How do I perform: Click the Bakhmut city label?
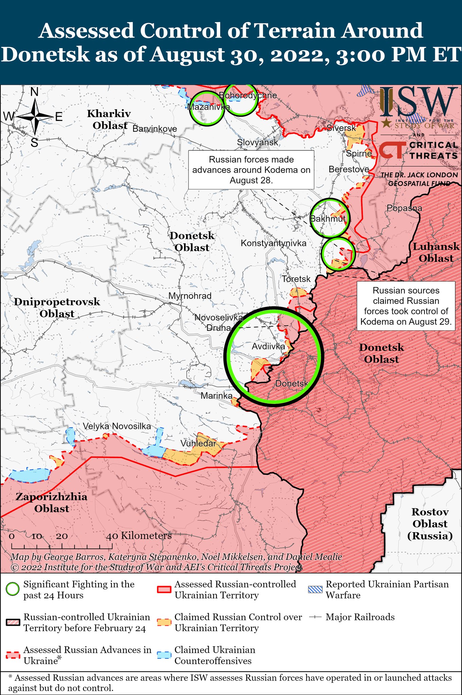tap(328, 219)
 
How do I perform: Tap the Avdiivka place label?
tap(268, 346)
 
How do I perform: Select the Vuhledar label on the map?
tap(198, 444)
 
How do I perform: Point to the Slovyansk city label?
tap(257, 143)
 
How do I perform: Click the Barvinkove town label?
tap(155, 129)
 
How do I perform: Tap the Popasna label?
tap(404, 208)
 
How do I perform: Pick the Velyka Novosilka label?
tap(117, 426)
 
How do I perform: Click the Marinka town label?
tap(216, 396)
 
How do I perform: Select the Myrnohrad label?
tap(190, 296)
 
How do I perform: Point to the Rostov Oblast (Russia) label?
tap(430, 524)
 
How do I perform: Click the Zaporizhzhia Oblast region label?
tap(52, 503)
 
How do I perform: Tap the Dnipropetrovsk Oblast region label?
tap(57, 307)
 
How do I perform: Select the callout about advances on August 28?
tap(251, 170)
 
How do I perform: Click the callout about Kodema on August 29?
tap(406, 306)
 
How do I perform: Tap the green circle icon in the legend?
tap(13, 589)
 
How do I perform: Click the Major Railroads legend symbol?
tap(315, 617)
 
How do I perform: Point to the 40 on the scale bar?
tap(112, 536)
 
